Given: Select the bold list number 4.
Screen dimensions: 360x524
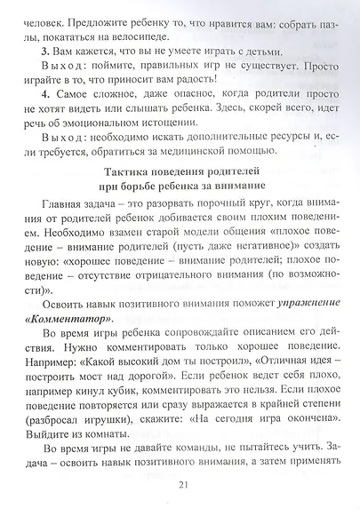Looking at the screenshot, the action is click(45, 95).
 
